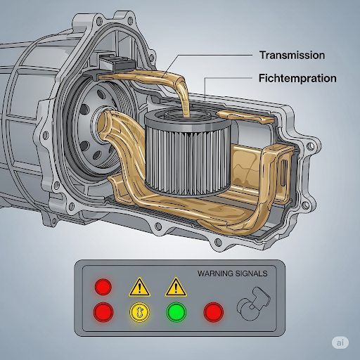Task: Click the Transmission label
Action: (x=292, y=56)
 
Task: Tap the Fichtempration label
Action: (x=297, y=78)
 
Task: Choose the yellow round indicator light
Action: (x=140, y=312)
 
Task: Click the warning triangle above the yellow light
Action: (x=139, y=287)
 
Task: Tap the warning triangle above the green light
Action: (x=176, y=287)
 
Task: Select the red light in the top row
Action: (x=103, y=287)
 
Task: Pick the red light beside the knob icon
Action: (x=213, y=312)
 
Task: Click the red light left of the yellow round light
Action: (x=103, y=312)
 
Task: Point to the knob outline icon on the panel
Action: (x=254, y=304)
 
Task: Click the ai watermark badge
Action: (x=340, y=342)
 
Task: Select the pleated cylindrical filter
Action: (x=188, y=153)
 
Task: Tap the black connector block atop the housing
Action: (x=118, y=62)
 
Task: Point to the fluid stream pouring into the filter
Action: (x=184, y=98)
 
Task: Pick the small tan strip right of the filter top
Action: (x=245, y=117)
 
